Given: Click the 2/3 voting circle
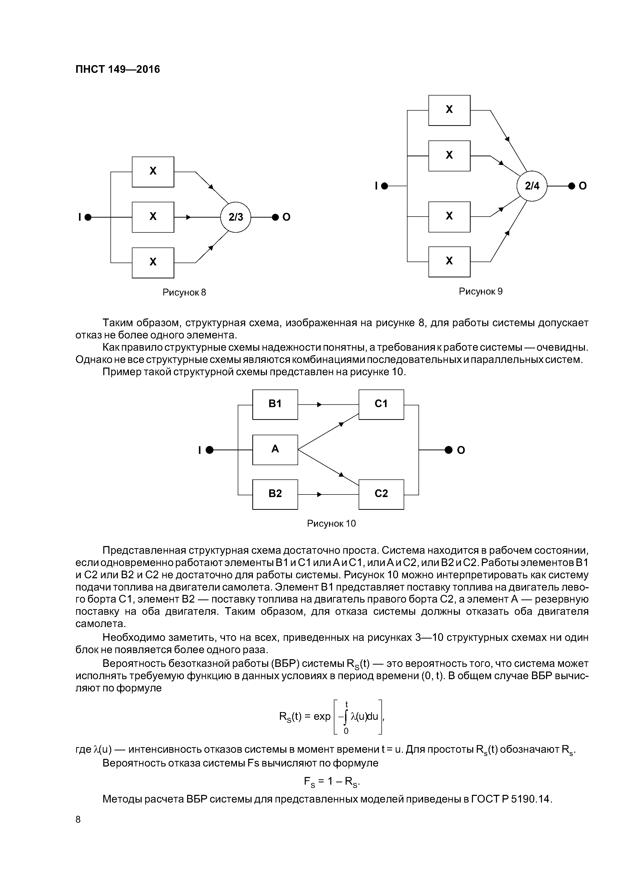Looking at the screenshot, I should pyautogui.click(x=235, y=217).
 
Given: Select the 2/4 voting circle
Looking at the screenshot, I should pyautogui.click(x=532, y=186).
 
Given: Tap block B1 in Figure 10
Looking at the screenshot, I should pyautogui.click(x=275, y=404).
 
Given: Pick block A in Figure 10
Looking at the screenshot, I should pyautogui.click(x=275, y=450).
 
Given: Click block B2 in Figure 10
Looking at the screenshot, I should pyautogui.click(x=275, y=494).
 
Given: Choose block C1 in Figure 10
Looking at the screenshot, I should pyautogui.click(x=381, y=404).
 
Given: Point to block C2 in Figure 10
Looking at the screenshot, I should pyautogui.click(x=381, y=494).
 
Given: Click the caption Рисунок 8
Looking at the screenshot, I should pyautogui.click(x=184, y=292).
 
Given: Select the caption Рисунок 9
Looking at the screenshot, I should pyautogui.click(x=480, y=291).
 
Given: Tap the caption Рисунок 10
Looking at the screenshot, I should pyautogui.click(x=331, y=523).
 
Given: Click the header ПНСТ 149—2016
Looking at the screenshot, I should pyautogui.click(x=118, y=69).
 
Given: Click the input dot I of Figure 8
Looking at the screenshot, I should pyautogui.click(x=88, y=217).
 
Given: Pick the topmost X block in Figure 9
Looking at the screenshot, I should pyautogui.click(x=449, y=110).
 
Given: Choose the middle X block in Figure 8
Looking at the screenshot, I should pyautogui.click(x=153, y=217).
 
